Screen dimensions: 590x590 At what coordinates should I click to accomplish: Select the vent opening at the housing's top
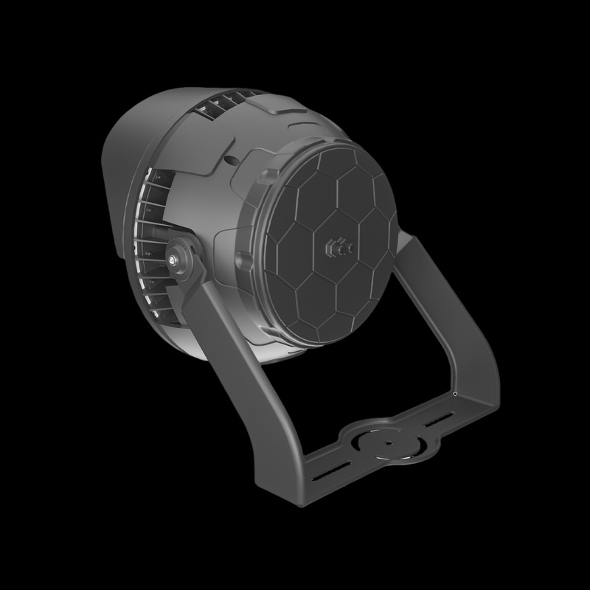coord(221,103)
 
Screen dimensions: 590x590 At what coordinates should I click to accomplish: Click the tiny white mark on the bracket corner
coord(456,395)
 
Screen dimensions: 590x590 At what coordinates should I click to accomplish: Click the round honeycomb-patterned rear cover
coord(324,243)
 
